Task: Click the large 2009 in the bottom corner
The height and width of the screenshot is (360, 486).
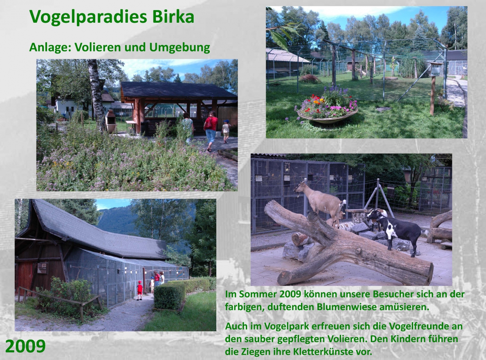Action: [26, 346]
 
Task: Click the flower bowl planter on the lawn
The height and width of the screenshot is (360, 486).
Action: [327, 111]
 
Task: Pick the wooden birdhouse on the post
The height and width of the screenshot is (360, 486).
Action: [435, 69]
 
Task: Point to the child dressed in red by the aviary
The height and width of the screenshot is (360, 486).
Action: [139, 290]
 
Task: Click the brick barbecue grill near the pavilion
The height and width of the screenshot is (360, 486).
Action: [111, 121]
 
